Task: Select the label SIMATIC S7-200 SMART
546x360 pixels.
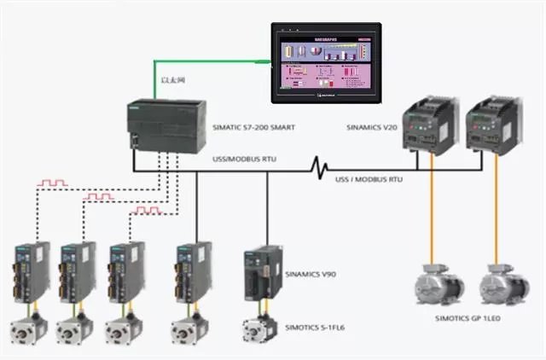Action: pos(253,127)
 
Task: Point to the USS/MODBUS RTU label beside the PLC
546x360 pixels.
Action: pos(243,159)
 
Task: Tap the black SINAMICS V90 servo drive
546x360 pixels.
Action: pos(259,271)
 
